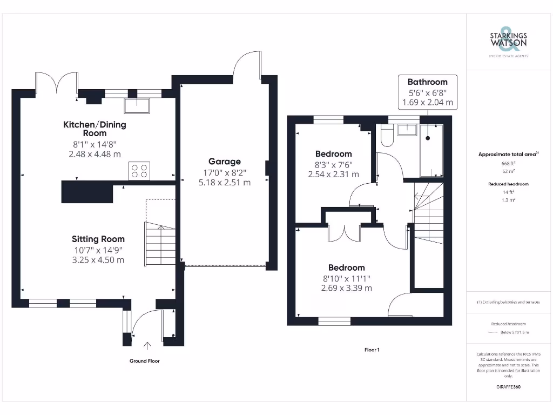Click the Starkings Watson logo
(508, 40)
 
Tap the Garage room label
(225, 162)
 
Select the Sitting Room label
(98, 239)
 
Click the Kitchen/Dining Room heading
(95, 129)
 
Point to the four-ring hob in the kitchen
(139, 171)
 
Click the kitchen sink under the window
(137, 105)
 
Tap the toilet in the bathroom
(386, 137)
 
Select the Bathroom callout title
(427, 82)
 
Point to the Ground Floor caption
(144, 361)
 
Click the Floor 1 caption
(372, 350)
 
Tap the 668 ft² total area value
(508, 163)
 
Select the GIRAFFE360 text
(508, 387)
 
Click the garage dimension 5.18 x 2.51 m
(225, 183)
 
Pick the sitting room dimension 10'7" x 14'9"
(98, 250)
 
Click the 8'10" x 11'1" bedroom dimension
(346, 278)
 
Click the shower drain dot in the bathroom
(428, 138)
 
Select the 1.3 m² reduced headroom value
(508, 200)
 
